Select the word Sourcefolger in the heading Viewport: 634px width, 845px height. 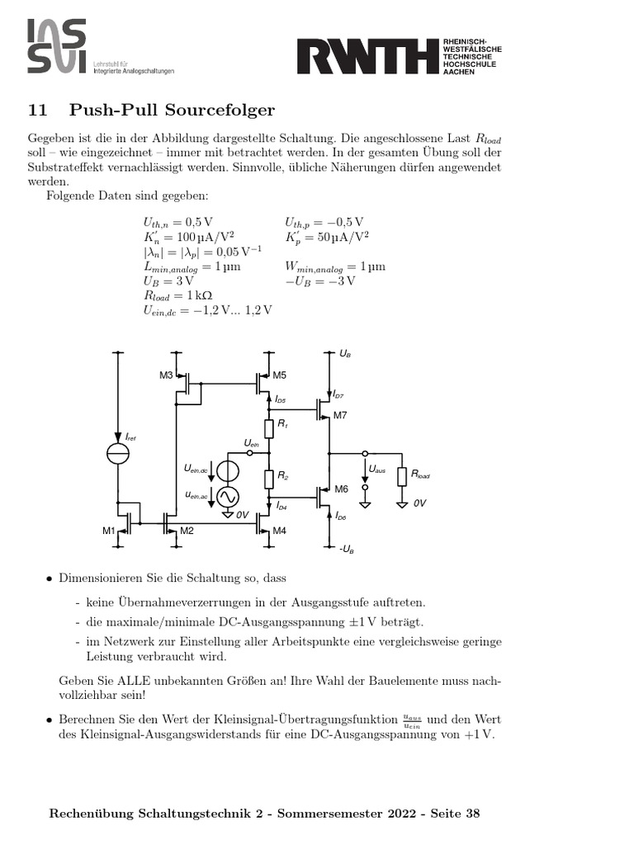[x=222, y=111]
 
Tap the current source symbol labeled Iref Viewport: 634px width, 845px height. [x=119, y=453]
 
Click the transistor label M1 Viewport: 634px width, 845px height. [x=109, y=530]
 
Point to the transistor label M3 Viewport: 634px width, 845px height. [x=166, y=375]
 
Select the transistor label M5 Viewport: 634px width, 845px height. [x=279, y=375]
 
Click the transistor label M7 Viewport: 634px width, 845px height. [x=340, y=415]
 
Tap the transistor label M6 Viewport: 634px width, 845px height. [x=341, y=489]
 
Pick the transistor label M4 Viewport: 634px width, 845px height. [x=279, y=530]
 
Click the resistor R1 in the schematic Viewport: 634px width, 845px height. [x=269, y=427]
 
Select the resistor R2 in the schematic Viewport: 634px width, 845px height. [x=269, y=478]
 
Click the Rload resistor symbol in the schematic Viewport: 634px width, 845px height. [x=402, y=476]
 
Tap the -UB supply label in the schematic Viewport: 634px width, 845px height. [x=348, y=549]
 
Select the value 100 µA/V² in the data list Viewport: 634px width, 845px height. [x=192, y=236]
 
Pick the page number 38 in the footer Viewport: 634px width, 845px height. [x=472, y=813]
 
